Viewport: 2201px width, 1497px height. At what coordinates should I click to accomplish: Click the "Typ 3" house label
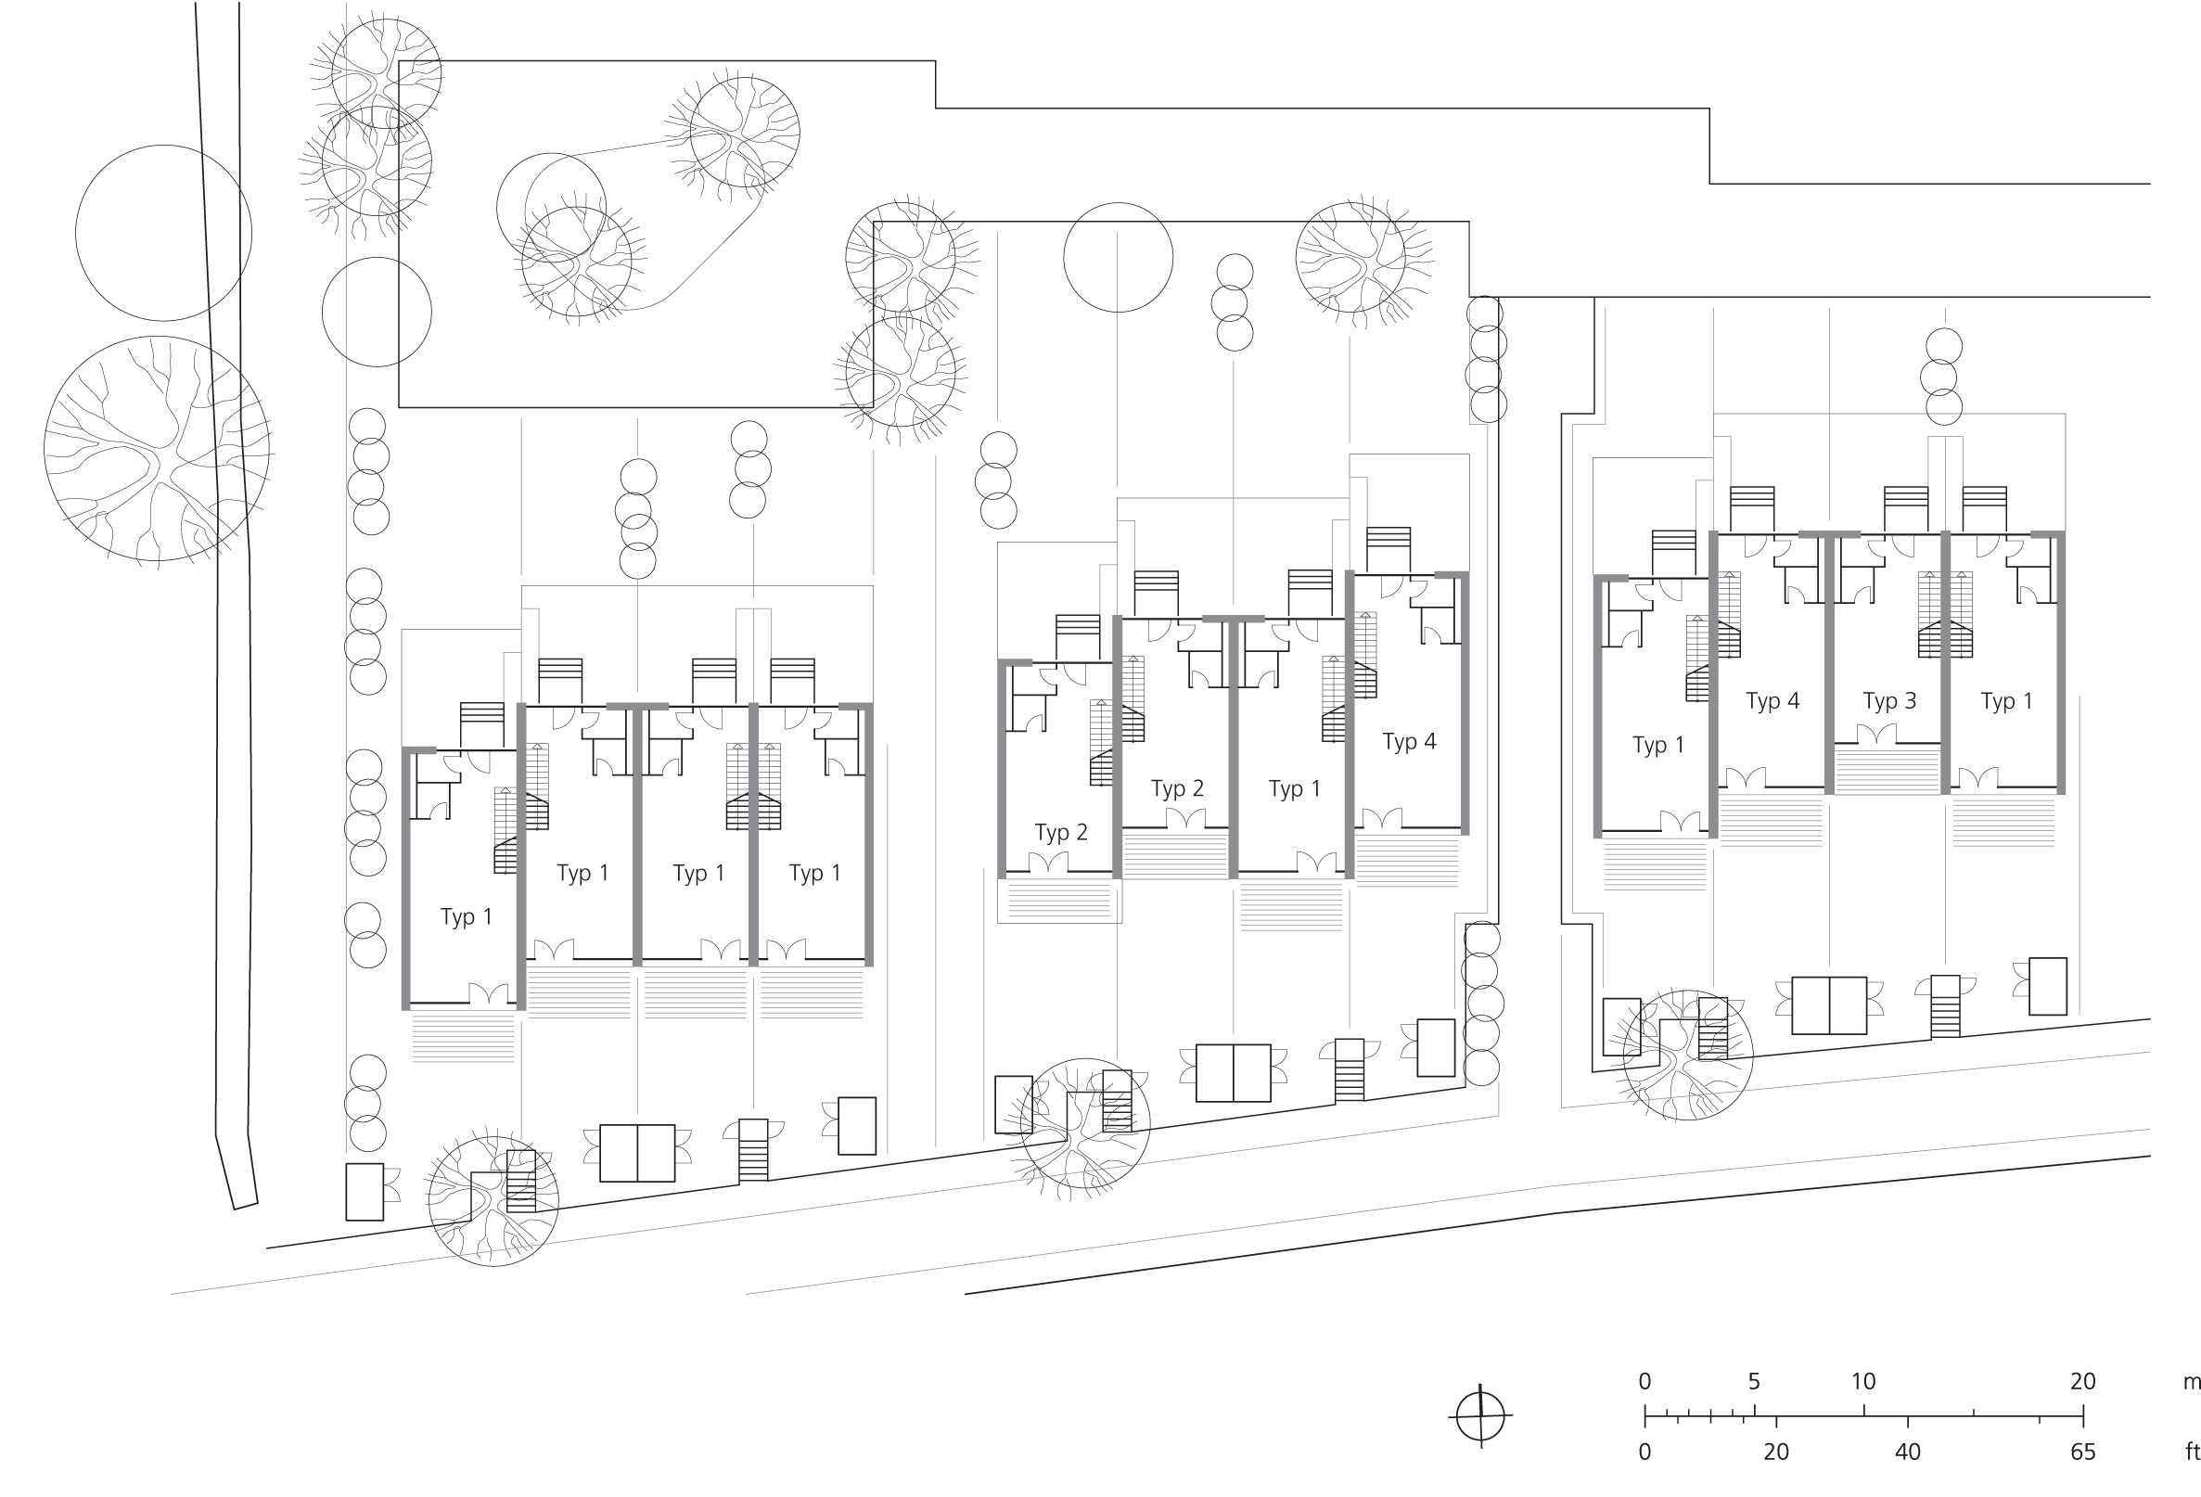click(x=1889, y=701)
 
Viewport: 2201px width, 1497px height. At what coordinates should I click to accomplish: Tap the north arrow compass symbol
click(x=1480, y=1416)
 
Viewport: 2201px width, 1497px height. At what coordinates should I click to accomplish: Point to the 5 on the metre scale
click(x=1754, y=1381)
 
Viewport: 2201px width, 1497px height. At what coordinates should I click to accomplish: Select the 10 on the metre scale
click(x=1862, y=1381)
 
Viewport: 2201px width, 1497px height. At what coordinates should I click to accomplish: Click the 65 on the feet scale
click(x=2082, y=1452)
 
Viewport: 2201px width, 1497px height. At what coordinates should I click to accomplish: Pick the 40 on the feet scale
click(x=1907, y=1452)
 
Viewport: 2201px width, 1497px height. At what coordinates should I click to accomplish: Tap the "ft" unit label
click(x=2192, y=1452)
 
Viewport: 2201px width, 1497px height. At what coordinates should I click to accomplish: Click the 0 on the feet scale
click(x=1645, y=1452)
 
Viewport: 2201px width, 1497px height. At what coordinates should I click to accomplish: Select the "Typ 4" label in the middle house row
click(x=1409, y=742)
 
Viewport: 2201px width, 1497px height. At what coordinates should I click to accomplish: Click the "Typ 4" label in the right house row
click(x=1772, y=701)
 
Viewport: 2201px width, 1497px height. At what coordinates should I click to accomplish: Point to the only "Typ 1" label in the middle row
click(x=1295, y=789)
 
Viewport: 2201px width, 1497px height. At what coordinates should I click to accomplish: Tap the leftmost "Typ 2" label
click(x=1062, y=833)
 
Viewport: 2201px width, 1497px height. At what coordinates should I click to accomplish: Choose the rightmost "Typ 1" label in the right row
click(x=2007, y=701)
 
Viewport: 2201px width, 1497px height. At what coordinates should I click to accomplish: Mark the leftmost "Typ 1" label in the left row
click(x=467, y=917)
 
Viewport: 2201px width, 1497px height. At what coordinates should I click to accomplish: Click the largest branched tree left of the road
click(x=158, y=450)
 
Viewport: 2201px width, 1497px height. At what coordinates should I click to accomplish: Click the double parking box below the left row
click(x=637, y=1153)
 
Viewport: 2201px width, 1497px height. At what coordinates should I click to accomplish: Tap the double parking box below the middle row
click(x=1233, y=1073)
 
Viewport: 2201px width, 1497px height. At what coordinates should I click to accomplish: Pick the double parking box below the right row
click(x=1829, y=1005)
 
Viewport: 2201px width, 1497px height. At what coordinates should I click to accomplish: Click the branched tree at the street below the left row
click(x=493, y=1200)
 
